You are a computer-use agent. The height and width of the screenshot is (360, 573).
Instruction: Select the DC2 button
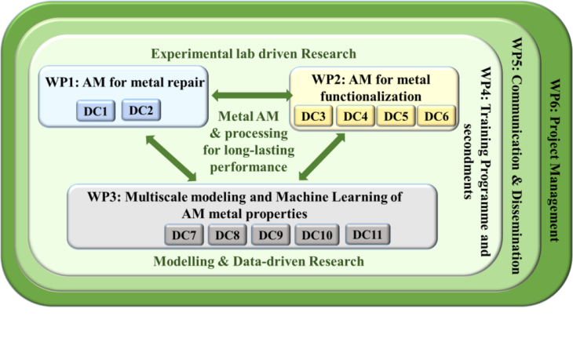pos(141,111)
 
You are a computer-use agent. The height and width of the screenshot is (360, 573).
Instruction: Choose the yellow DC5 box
pos(395,117)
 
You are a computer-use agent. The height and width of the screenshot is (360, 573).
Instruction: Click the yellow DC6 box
pos(434,117)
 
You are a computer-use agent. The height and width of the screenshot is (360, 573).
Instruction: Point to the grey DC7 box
pos(185,235)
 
